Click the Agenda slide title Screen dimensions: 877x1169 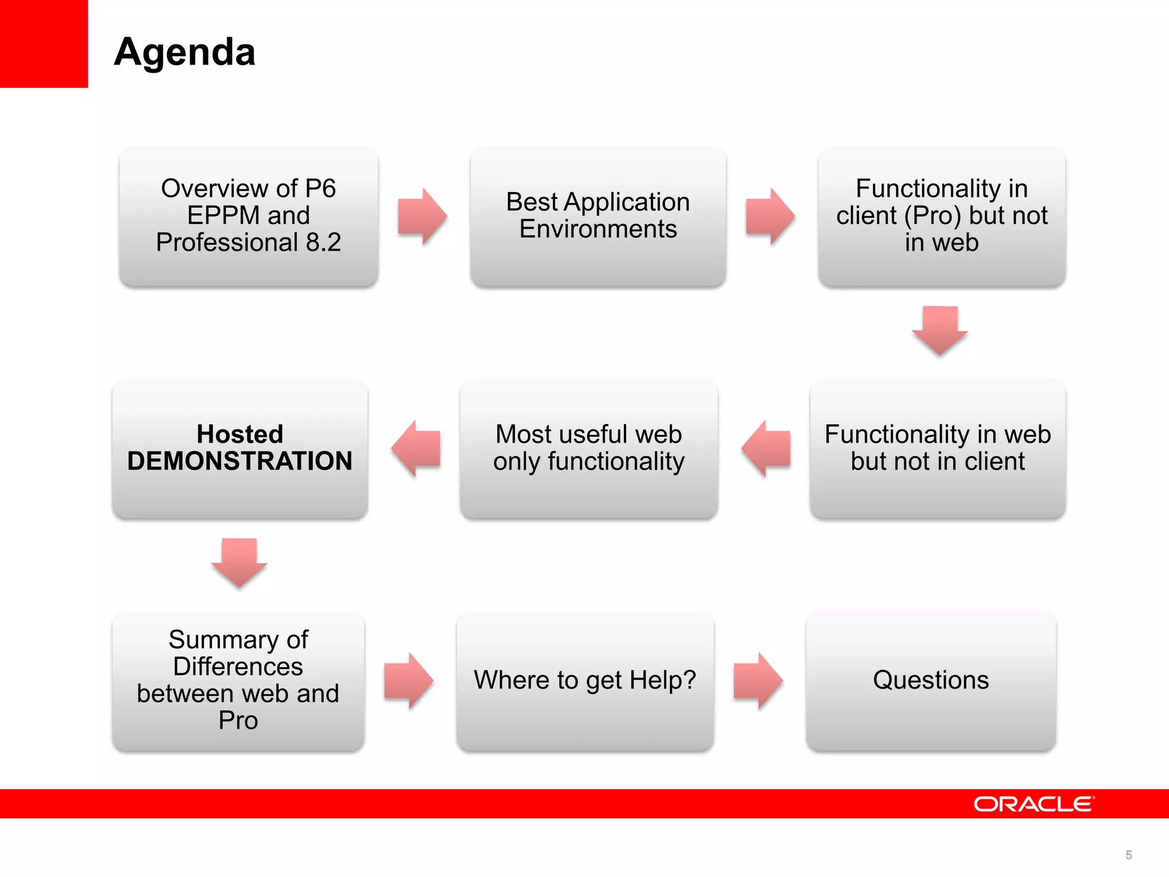coord(184,52)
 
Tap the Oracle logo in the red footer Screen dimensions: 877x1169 coord(1034,804)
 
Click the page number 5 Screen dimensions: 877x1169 coord(1128,855)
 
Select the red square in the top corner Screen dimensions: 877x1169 coord(43,43)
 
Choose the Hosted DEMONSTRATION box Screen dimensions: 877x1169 coord(240,448)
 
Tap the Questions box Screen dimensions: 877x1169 coord(930,681)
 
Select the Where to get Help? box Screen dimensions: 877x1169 coord(584,681)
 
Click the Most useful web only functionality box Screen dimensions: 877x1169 coord(588,448)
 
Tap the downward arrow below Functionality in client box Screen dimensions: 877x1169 coord(940,330)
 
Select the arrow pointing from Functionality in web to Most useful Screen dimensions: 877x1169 coord(766,448)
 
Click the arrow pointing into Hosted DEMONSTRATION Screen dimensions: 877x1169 coord(416,448)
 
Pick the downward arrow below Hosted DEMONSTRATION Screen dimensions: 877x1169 coord(239,562)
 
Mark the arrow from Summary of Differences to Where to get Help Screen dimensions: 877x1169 coord(409,681)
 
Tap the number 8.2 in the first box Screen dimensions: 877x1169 coord(323,243)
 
